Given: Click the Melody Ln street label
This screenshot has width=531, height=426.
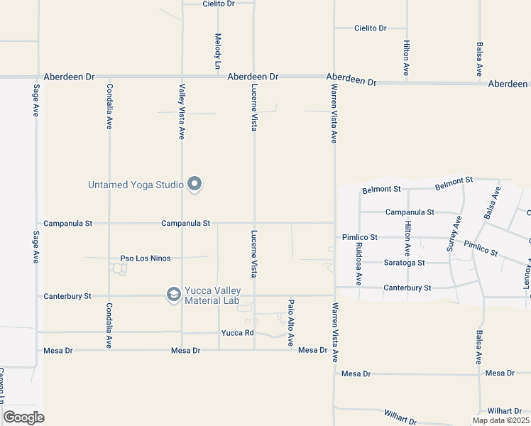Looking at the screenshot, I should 219,50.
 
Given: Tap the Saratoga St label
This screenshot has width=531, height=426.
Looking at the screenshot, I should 404,263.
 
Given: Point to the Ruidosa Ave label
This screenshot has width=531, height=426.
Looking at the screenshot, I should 359,263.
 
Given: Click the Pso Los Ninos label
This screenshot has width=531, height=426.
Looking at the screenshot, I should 146,258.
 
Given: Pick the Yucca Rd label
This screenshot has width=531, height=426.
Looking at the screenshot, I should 237,333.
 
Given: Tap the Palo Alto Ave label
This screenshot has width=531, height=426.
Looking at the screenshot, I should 290,322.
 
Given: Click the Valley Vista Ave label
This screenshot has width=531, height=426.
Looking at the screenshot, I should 182,111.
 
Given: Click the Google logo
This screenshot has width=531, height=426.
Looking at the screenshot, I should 23,417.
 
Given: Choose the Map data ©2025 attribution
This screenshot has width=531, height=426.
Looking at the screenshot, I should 500,420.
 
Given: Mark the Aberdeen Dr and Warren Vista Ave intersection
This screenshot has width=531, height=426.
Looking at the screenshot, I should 334,77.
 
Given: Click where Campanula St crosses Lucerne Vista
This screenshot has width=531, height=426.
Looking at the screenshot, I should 255,223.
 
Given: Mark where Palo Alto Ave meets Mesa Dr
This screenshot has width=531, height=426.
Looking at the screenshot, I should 290,349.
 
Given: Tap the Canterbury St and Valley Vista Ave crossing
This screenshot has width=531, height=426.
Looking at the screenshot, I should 182,295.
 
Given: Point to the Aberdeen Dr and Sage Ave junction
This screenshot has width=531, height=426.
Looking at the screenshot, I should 37,76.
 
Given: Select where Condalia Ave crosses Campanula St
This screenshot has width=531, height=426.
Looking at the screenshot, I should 109,223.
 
